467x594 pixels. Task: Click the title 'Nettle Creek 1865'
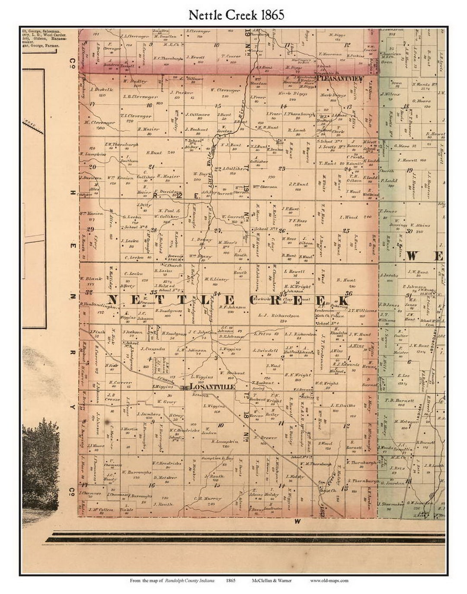tap(236, 15)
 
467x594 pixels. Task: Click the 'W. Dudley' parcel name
tap(133, 81)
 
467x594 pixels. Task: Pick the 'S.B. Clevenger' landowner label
tap(140, 97)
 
